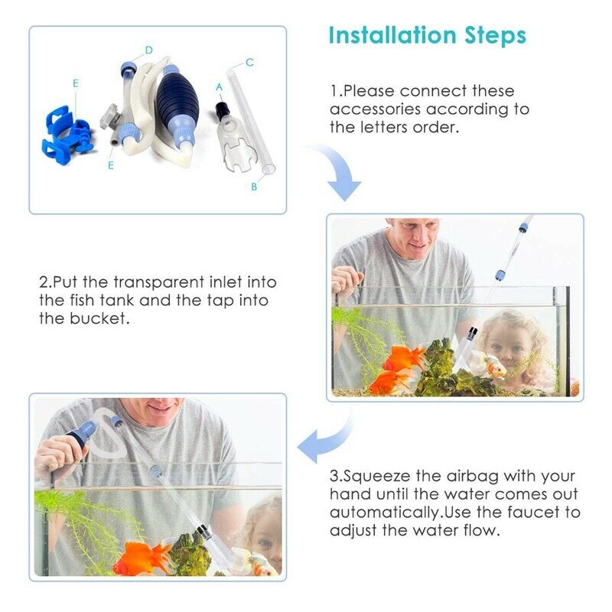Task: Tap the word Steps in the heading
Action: (496, 36)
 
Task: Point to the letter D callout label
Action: (149, 50)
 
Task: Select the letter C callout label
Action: (249, 62)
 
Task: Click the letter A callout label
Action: (220, 87)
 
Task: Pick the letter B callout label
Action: (254, 186)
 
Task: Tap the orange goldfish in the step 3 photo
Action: (141, 556)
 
